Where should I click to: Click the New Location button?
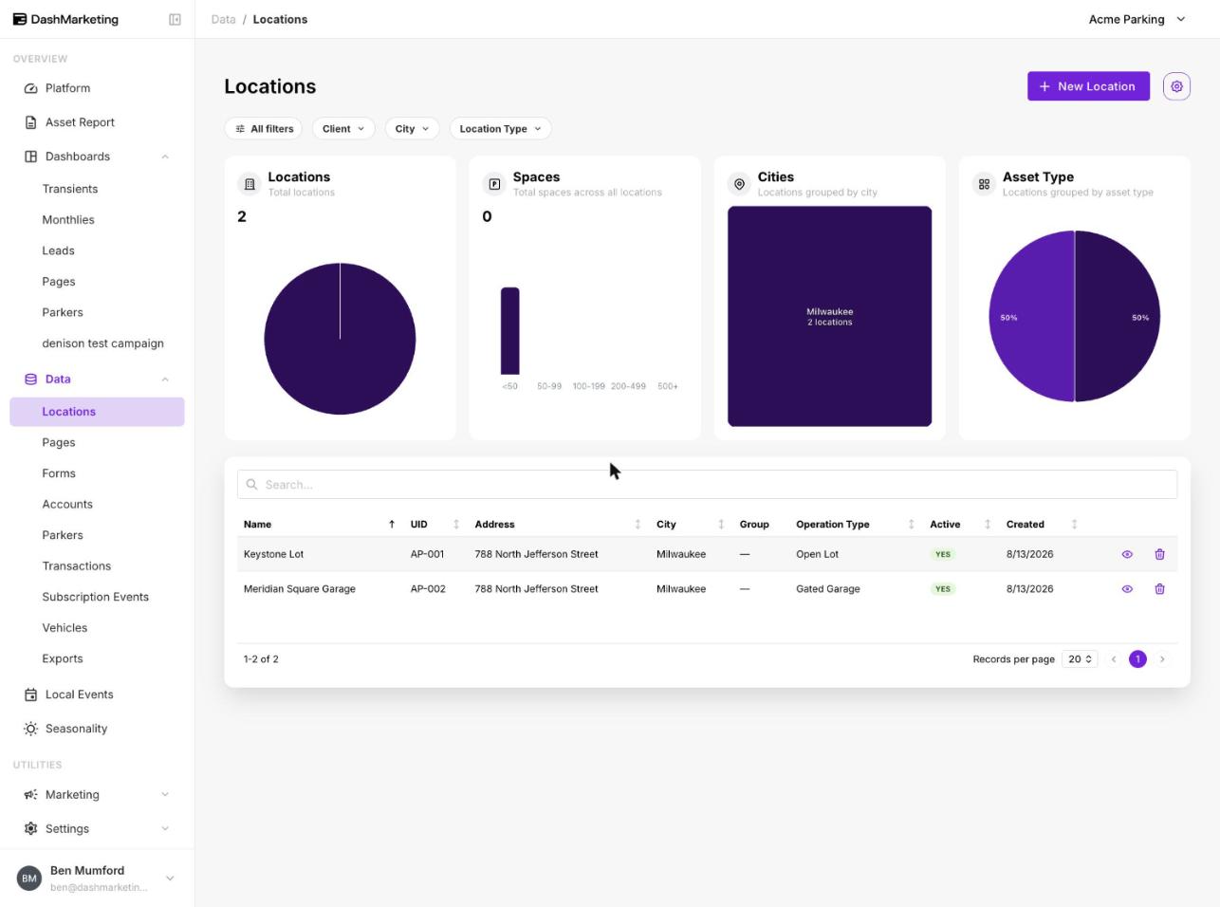[x=1088, y=86]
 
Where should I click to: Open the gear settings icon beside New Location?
[x=1176, y=86]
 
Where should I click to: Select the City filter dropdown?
[x=412, y=129]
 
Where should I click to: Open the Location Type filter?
[x=500, y=129]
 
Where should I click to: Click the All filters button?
[x=264, y=129]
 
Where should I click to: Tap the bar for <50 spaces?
[x=509, y=330]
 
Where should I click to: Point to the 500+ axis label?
[x=667, y=386]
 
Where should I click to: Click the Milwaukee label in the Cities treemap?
[x=829, y=311]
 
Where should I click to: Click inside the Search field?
[x=707, y=484]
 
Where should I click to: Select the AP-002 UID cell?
[x=428, y=588]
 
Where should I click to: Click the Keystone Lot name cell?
[x=273, y=554]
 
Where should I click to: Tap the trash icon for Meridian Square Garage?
[x=1159, y=588]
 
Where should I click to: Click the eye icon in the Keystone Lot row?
[x=1127, y=554]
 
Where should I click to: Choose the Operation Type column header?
[x=832, y=524]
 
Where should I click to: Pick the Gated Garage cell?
[x=828, y=588]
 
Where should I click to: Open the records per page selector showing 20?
[x=1080, y=659]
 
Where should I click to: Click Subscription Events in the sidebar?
[x=95, y=597]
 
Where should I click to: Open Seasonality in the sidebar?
[x=76, y=729]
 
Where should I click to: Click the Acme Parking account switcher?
[x=1137, y=19]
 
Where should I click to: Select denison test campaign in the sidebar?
[x=102, y=343]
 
